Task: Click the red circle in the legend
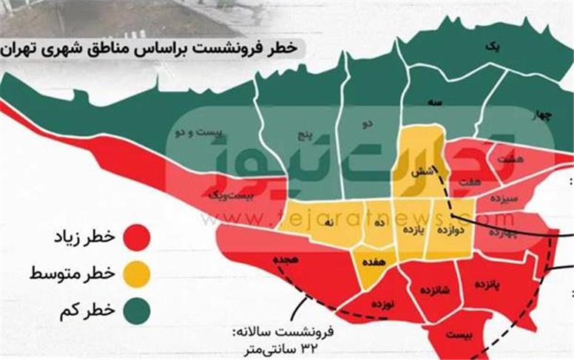137,237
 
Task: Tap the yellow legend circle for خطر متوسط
137,274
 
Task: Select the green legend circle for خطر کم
137,310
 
